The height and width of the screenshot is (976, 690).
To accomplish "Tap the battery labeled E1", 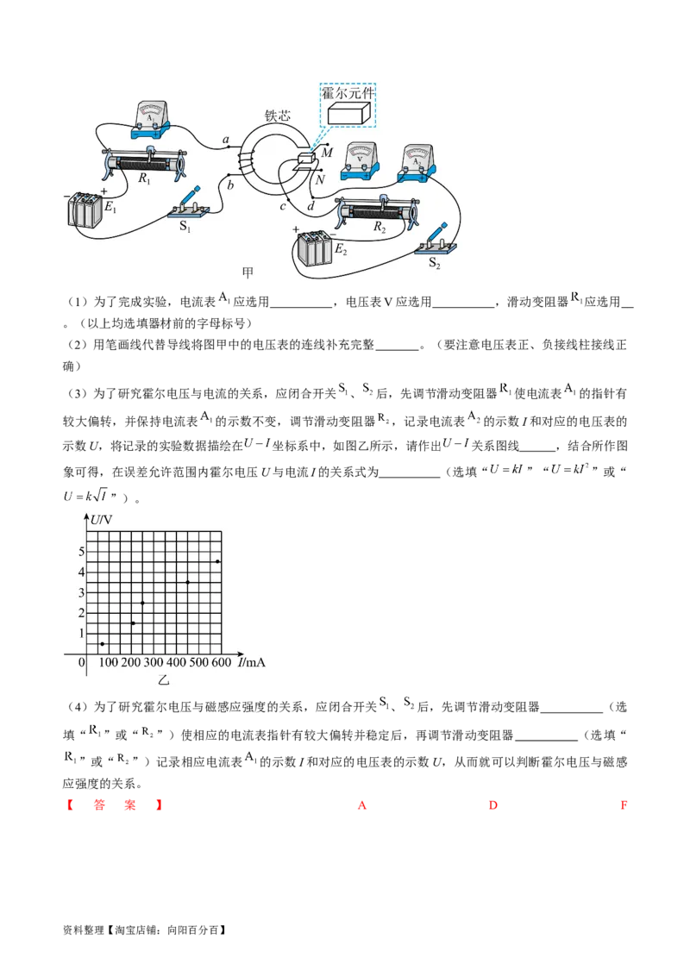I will click(86, 210).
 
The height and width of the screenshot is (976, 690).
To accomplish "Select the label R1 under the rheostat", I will click(143, 182).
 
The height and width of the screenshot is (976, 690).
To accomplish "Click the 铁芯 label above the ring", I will click(277, 116).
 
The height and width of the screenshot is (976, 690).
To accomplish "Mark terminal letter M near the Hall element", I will click(327, 153).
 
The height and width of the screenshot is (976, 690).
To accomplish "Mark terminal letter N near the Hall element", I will click(320, 180).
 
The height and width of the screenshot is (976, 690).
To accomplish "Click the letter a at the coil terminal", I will click(226, 140).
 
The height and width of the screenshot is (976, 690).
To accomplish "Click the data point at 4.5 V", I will click(217, 562).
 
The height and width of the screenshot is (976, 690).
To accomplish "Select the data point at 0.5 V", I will click(103, 644).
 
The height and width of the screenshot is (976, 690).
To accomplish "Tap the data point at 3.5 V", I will click(188, 583).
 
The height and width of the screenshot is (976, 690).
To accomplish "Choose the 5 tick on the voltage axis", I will click(81, 552).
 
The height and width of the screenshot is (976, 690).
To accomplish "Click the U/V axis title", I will click(102, 519).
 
